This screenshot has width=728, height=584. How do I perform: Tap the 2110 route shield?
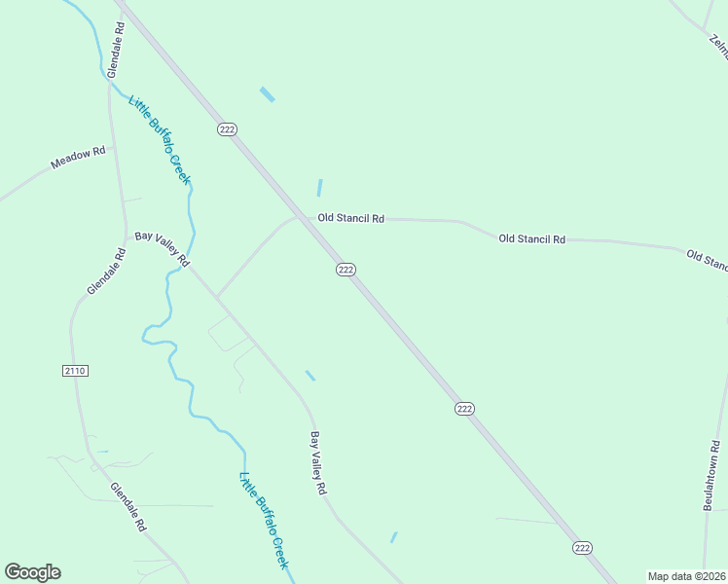74,371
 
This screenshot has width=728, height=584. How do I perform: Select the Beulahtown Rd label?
710,475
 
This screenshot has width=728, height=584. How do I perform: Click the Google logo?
32,572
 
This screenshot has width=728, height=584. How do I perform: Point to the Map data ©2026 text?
686,576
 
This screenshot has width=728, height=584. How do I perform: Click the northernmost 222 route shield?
228,129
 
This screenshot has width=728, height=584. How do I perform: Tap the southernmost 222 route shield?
582,548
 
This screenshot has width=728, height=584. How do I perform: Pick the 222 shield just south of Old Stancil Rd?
346,270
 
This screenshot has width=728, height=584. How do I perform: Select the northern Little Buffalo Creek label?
160,139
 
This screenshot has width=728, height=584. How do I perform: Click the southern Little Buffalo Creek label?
264,521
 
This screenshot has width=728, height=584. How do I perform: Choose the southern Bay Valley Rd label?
317,463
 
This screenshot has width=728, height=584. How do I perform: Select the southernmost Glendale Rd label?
127,507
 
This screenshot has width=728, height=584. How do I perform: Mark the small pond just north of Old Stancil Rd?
319,188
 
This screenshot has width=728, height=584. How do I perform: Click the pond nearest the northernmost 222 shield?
267,94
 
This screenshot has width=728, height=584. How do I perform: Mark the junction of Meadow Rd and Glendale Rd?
112,148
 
